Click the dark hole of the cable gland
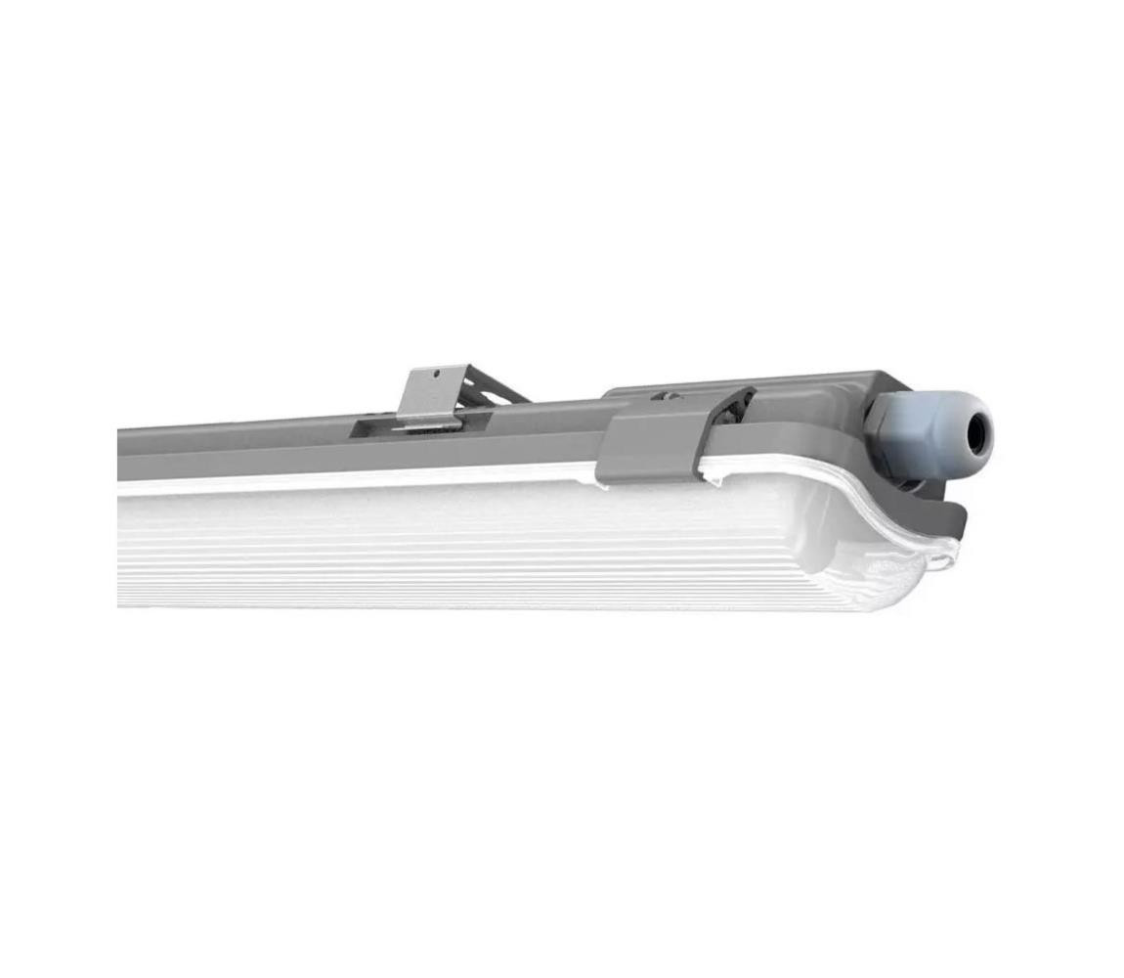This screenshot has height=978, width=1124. [976, 426]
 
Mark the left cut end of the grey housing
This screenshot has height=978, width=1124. [123, 455]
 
